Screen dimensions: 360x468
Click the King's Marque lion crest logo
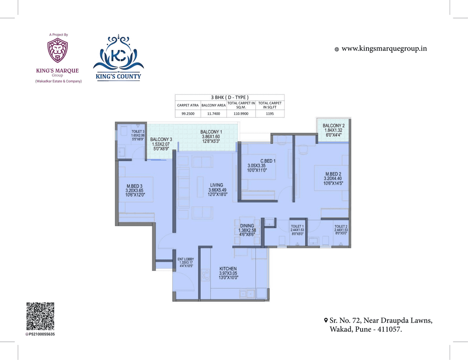pos(57,51)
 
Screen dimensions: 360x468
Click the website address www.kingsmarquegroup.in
pos(384,49)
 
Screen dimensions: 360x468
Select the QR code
pos(40,316)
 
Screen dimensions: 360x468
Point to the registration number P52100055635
pos(42,334)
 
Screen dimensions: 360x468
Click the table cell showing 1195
pos(270,114)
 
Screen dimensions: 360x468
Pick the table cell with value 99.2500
pos(188,114)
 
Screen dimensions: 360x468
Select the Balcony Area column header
pos(214,105)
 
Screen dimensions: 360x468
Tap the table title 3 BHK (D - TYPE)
pos(230,97)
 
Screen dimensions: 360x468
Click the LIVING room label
pos(216,185)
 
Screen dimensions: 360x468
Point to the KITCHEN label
pos(228,269)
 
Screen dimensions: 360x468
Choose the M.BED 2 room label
pos(333,174)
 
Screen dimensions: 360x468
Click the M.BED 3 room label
pos(135,186)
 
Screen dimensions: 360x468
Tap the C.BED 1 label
pos(268,161)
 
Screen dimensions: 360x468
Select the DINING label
pos(247,226)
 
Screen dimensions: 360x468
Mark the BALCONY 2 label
pos(333,125)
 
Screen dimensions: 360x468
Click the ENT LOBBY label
pos(186,259)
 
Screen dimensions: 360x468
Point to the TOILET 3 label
pos(138,131)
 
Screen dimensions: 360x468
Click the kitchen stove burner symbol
pos(205,275)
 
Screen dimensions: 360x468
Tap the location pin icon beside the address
pos(326,321)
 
